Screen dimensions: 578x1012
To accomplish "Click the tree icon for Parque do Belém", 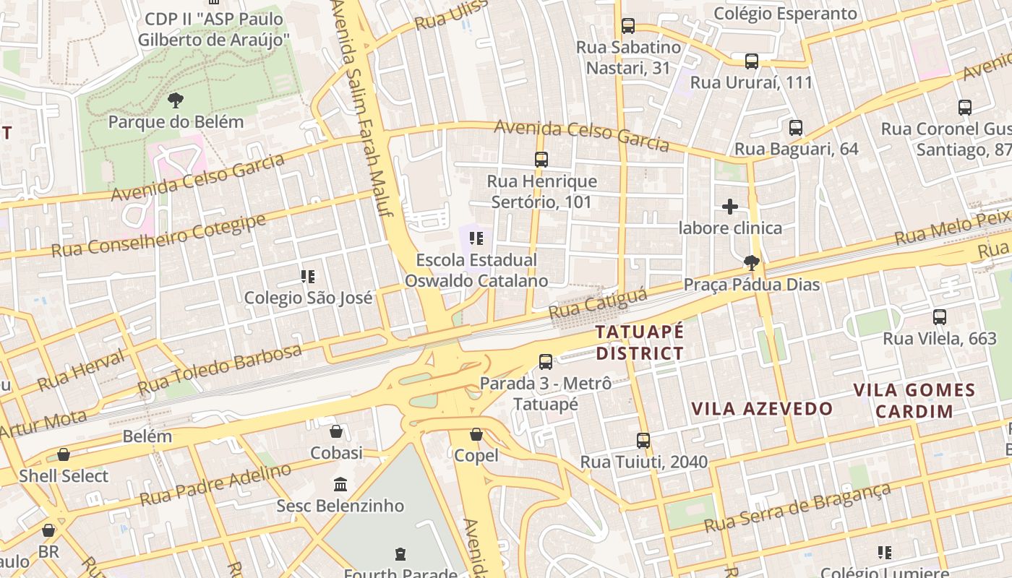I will pos(175,100).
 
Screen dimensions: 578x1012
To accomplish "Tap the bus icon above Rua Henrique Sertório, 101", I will pos(541,160).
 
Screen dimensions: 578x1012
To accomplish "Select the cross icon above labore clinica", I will pos(730,207).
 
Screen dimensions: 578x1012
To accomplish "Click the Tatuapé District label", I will pos(639,342).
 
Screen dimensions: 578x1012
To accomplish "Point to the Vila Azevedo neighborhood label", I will pos(762,409).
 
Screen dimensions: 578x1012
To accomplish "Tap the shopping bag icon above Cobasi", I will pos(336,432).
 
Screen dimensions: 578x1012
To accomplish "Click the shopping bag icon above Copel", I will pos(476,434).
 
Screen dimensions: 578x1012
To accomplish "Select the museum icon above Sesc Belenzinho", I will pos(340,484).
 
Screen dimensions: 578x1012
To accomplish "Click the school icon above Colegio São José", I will pos(308,277).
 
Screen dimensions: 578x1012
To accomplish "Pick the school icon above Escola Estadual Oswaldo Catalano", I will pos(476,238).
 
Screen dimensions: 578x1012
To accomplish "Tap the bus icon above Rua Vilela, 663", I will pos(940,317).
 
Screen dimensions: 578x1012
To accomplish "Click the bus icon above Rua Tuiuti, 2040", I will pos(643,440).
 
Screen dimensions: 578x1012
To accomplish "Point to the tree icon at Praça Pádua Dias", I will pos(752,263).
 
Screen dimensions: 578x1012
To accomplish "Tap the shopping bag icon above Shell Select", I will pos(64,454).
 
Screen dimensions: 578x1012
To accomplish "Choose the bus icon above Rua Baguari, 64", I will pos(796,128).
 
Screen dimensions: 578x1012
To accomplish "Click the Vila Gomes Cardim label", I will pos(914,401).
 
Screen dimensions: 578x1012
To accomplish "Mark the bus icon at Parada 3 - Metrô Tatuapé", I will pos(546,362).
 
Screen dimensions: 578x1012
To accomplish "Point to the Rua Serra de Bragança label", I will pos(798,508).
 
